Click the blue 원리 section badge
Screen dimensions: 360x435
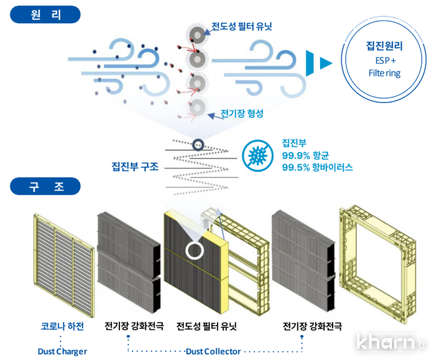(45, 14)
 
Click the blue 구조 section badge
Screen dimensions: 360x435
(45, 186)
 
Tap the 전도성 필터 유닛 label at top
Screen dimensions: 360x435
(242, 26)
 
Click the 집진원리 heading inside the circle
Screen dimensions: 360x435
(384, 47)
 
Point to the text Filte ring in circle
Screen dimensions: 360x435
(384, 73)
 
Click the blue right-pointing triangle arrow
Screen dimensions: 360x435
(325, 63)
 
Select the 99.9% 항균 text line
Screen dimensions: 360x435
(305, 155)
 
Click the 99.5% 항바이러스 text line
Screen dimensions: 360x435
(317, 167)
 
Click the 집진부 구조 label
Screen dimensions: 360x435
(135, 167)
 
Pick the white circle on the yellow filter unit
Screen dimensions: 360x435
(194, 250)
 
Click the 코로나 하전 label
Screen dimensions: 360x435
(62, 326)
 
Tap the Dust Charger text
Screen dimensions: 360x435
(62, 351)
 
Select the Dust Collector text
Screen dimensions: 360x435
(213, 351)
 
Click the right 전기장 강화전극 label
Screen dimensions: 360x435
(312, 326)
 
